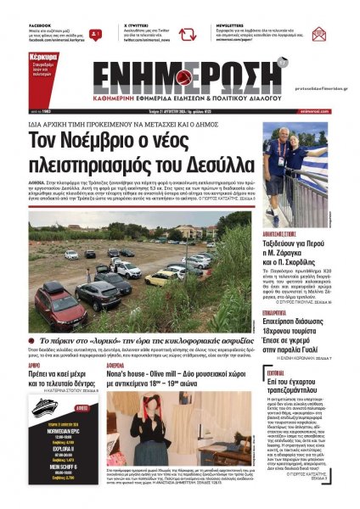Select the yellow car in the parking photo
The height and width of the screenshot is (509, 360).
(x=161, y=277)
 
